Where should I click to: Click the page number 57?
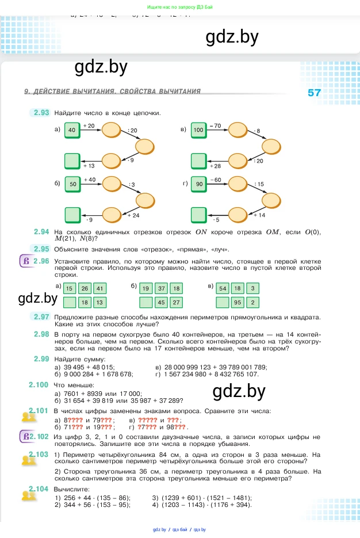314,93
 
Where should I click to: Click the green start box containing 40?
72,131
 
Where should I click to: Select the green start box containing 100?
198,131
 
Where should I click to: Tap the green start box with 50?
72,185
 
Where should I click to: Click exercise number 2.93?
41,113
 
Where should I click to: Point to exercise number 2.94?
41,231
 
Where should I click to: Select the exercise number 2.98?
41,334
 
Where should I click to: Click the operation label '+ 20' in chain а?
89,125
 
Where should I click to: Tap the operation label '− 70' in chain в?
215,125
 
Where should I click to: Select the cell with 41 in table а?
99,288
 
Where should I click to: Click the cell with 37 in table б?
162,288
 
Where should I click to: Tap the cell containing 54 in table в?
223,288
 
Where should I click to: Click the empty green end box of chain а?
72,160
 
